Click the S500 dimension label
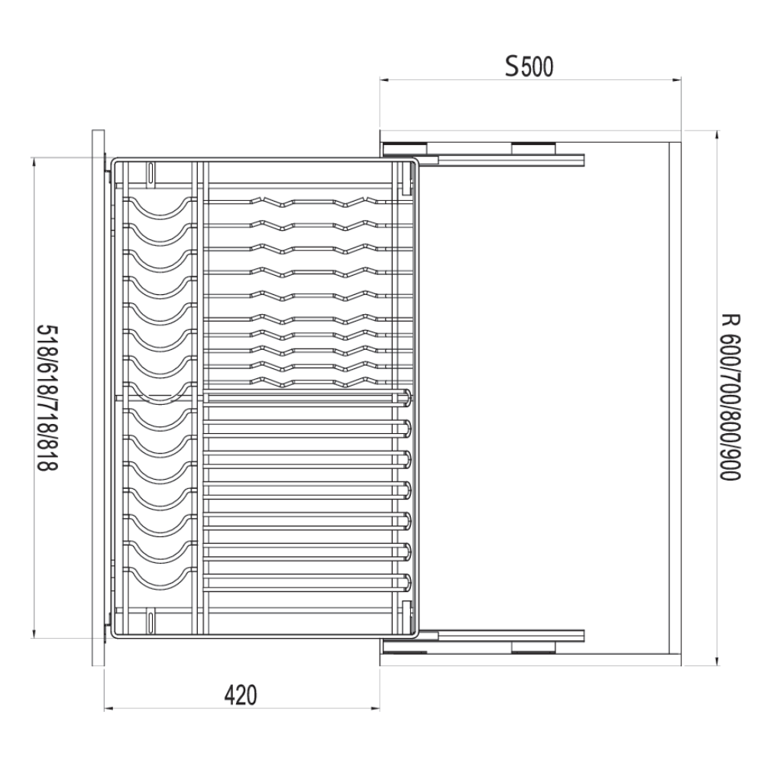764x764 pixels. pyautogui.click(x=529, y=66)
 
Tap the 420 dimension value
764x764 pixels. pyautogui.click(x=241, y=695)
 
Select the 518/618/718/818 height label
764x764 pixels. pyautogui.click(x=48, y=397)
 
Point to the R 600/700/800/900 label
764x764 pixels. pyautogui.click(x=730, y=397)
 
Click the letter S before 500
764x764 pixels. pyautogui.click(x=512, y=66)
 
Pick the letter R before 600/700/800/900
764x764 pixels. pyautogui.click(x=730, y=321)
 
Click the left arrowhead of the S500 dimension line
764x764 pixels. pyautogui.click(x=384, y=79)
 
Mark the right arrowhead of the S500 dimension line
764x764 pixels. pyautogui.click(x=676, y=79)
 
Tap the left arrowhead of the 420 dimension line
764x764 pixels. pyautogui.click(x=108, y=707)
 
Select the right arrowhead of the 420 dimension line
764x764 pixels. pyautogui.click(x=375, y=707)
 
